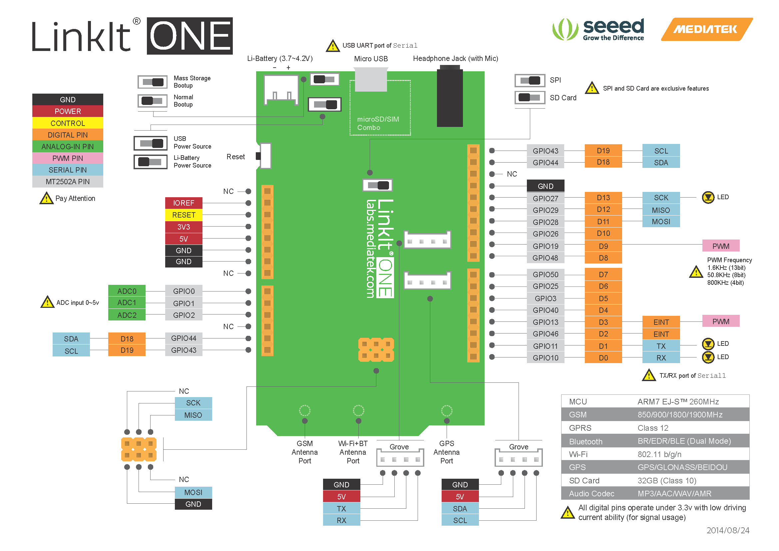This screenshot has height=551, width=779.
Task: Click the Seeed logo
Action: (x=598, y=30)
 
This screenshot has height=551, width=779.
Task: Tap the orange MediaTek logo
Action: (x=706, y=29)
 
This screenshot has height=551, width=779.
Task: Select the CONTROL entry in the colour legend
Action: (x=68, y=123)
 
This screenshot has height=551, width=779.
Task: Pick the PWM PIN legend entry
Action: (x=68, y=158)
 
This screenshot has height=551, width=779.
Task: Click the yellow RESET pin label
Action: (x=184, y=215)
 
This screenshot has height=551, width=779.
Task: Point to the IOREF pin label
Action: (x=184, y=203)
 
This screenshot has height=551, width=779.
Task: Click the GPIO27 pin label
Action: (x=545, y=198)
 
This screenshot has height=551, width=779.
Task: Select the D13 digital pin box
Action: (x=603, y=198)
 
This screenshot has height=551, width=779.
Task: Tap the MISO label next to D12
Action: (x=661, y=210)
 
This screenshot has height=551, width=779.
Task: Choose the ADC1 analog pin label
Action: (x=127, y=302)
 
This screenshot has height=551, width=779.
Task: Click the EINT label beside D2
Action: (x=661, y=334)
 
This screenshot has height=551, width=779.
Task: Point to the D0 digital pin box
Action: (x=603, y=357)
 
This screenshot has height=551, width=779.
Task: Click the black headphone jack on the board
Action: (x=450, y=96)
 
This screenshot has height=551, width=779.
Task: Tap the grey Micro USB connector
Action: (x=371, y=79)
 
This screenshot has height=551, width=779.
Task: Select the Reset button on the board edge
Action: (x=264, y=156)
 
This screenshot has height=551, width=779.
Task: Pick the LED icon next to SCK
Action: (x=708, y=198)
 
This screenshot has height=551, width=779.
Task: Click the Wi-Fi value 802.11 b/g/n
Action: (x=659, y=454)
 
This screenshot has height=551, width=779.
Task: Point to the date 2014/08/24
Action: (x=728, y=530)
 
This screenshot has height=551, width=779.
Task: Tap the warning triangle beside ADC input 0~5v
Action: (x=47, y=302)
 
